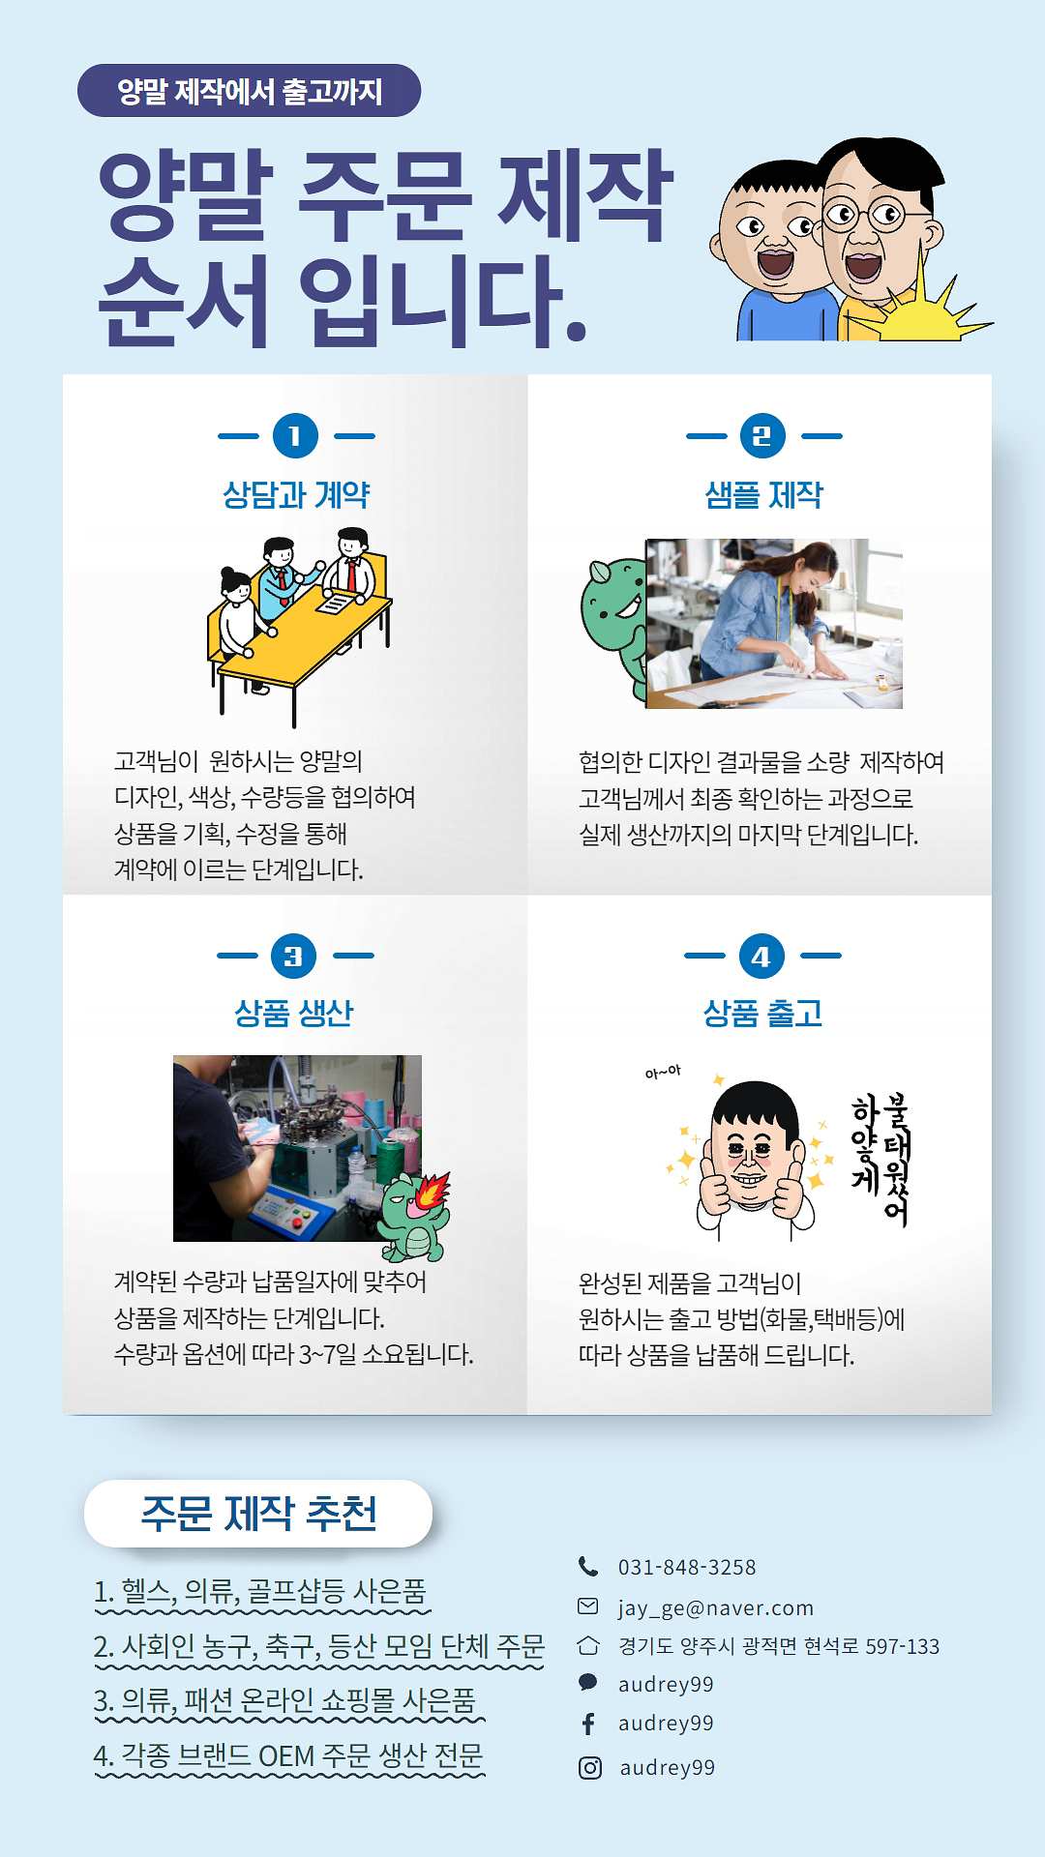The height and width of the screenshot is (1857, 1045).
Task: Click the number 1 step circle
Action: [295, 436]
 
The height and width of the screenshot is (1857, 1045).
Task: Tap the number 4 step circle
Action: [761, 957]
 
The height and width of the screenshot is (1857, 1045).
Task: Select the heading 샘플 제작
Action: [763, 495]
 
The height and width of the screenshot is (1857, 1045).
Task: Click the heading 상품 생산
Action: [294, 1014]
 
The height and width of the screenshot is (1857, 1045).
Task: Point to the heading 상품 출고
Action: [762, 1014]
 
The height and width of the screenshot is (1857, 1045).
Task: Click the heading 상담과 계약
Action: [296, 495]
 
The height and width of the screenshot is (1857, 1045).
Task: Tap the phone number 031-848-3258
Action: [687, 1567]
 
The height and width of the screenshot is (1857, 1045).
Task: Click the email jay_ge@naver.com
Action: [716, 1607]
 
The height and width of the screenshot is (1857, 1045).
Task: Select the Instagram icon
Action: [589, 1768]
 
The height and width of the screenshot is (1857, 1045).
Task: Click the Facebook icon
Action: [588, 1724]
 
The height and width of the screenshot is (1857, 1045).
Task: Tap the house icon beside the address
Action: [588, 1645]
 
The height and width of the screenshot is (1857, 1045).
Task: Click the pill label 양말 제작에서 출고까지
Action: [250, 91]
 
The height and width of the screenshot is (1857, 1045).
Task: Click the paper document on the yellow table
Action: [337, 603]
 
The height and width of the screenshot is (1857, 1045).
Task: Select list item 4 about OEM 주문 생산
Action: [288, 1755]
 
